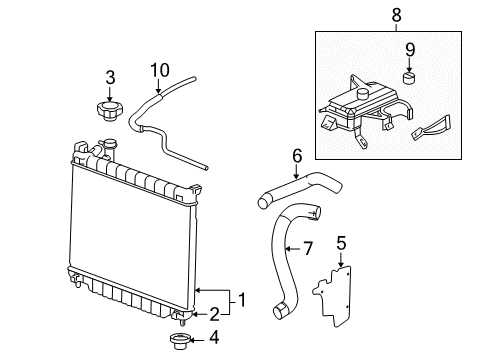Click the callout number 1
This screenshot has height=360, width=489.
point(240,297)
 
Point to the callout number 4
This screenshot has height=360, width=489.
point(213,337)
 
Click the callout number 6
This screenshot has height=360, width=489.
point(296,155)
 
